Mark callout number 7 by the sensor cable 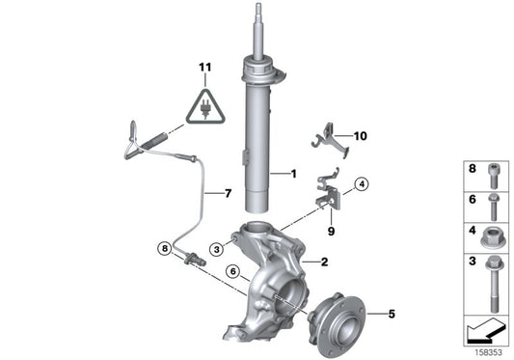click(x=229, y=194)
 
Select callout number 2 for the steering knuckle click(x=325, y=262)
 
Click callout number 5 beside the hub click(x=391, y=313)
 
